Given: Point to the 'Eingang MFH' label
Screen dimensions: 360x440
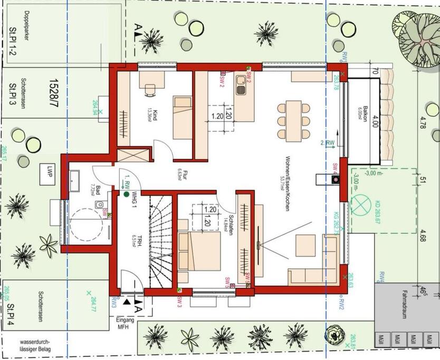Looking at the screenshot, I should pos(125,324).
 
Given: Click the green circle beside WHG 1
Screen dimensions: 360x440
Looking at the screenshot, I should pos(127,194).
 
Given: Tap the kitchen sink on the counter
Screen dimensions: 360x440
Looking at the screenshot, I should pos(241,85).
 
